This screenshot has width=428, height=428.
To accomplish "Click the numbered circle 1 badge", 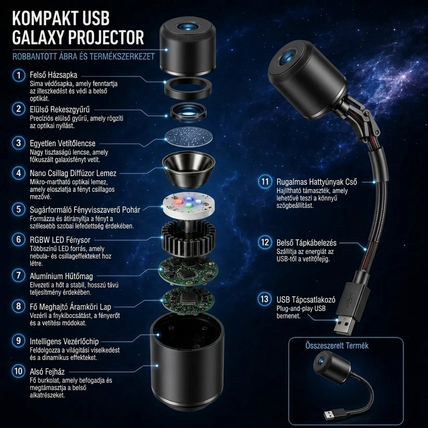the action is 19,75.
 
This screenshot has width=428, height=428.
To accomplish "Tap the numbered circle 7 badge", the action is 18,275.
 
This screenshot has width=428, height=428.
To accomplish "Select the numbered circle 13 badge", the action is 265,299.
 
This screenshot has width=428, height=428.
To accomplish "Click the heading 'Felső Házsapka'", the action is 53,75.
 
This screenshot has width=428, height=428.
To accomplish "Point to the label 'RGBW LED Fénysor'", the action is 60,240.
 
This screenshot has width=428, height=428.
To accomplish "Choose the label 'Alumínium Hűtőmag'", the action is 61,276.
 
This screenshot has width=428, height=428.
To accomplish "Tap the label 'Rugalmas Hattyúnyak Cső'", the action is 317,182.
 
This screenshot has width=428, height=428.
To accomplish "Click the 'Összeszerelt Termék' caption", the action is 337,346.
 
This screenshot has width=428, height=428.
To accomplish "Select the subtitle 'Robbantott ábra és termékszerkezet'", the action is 84,56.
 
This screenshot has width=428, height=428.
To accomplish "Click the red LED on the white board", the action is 179,202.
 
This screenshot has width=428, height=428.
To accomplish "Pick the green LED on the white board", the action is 189,205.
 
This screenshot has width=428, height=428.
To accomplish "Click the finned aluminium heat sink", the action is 189,237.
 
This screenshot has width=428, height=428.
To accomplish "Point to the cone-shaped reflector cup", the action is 189,169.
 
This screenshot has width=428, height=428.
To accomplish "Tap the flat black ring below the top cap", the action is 188,88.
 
